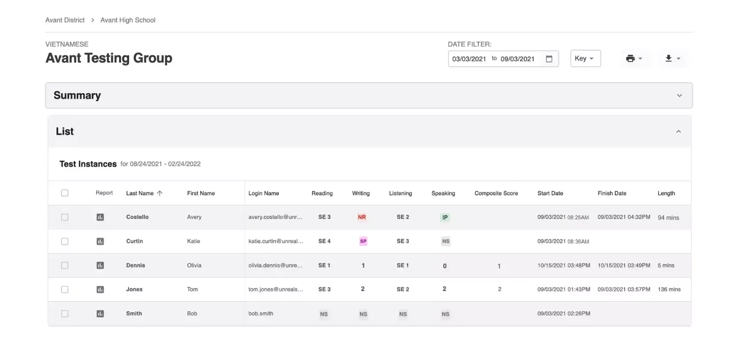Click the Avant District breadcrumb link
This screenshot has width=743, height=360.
[x=65, y=20]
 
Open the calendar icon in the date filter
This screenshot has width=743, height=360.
[x=549, y=59]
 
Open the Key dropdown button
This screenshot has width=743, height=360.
[x=585, y=58]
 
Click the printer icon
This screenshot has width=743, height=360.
[x=630, y=58]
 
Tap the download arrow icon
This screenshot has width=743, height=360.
[x=668, y=58]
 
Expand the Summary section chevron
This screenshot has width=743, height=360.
[x=679, y=96]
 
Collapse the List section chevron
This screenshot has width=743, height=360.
[x=678, y=132]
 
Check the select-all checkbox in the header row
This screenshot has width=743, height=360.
[x=65, y=193]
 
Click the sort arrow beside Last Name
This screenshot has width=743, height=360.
[x=160, y=193]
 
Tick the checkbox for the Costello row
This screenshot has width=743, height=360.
[x=65, y=218]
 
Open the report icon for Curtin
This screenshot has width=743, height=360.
[x=100, y=241]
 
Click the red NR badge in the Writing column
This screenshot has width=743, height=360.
[x=362, y=218]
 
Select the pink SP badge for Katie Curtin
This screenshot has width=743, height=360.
[x=363, y=241]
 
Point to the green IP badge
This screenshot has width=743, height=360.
[x=445, y=218]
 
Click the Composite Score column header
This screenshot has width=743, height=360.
[x=496, y=194]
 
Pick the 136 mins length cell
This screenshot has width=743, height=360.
[x=669, y=289]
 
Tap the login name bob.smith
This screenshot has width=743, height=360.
[x=261, y=314]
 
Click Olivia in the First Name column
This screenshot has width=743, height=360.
[x=194, y=265]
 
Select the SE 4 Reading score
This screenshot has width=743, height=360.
[x=324, y=241]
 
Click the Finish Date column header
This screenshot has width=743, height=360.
[x=612, y=194]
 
